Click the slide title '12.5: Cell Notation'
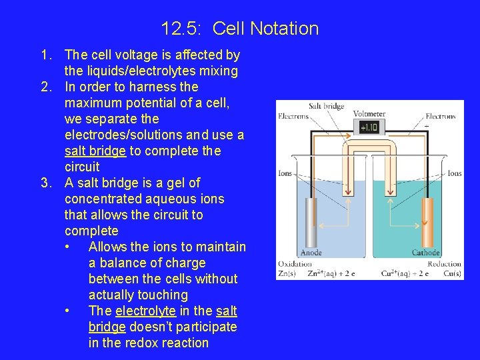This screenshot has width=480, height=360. pyautogui.click(x=240, y=29)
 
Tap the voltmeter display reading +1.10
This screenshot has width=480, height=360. pyautogui.click(x=369, y=127)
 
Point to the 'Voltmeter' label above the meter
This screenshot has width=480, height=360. pyautogui.click(x=369, y=113)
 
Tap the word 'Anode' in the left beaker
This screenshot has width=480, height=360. pyautogui.click(x=311, y=253)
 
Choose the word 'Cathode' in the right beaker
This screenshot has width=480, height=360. pyautogui.click(x=425, y=253)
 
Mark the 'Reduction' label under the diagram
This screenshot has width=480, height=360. pyautogui.click(x=444, y=264)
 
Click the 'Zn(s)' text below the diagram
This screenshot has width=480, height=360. pyautogui.click(x=289, y=273)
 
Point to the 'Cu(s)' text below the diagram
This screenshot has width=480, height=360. pyautogui.click(x=451, y=273)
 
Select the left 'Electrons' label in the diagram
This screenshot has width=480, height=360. pyautogui.click(x=293, y=117)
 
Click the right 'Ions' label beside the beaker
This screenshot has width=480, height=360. pyautogui.click(x=454, y=173)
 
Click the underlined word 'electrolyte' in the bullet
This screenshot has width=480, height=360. pyautogui.click(x=146, y=311)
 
